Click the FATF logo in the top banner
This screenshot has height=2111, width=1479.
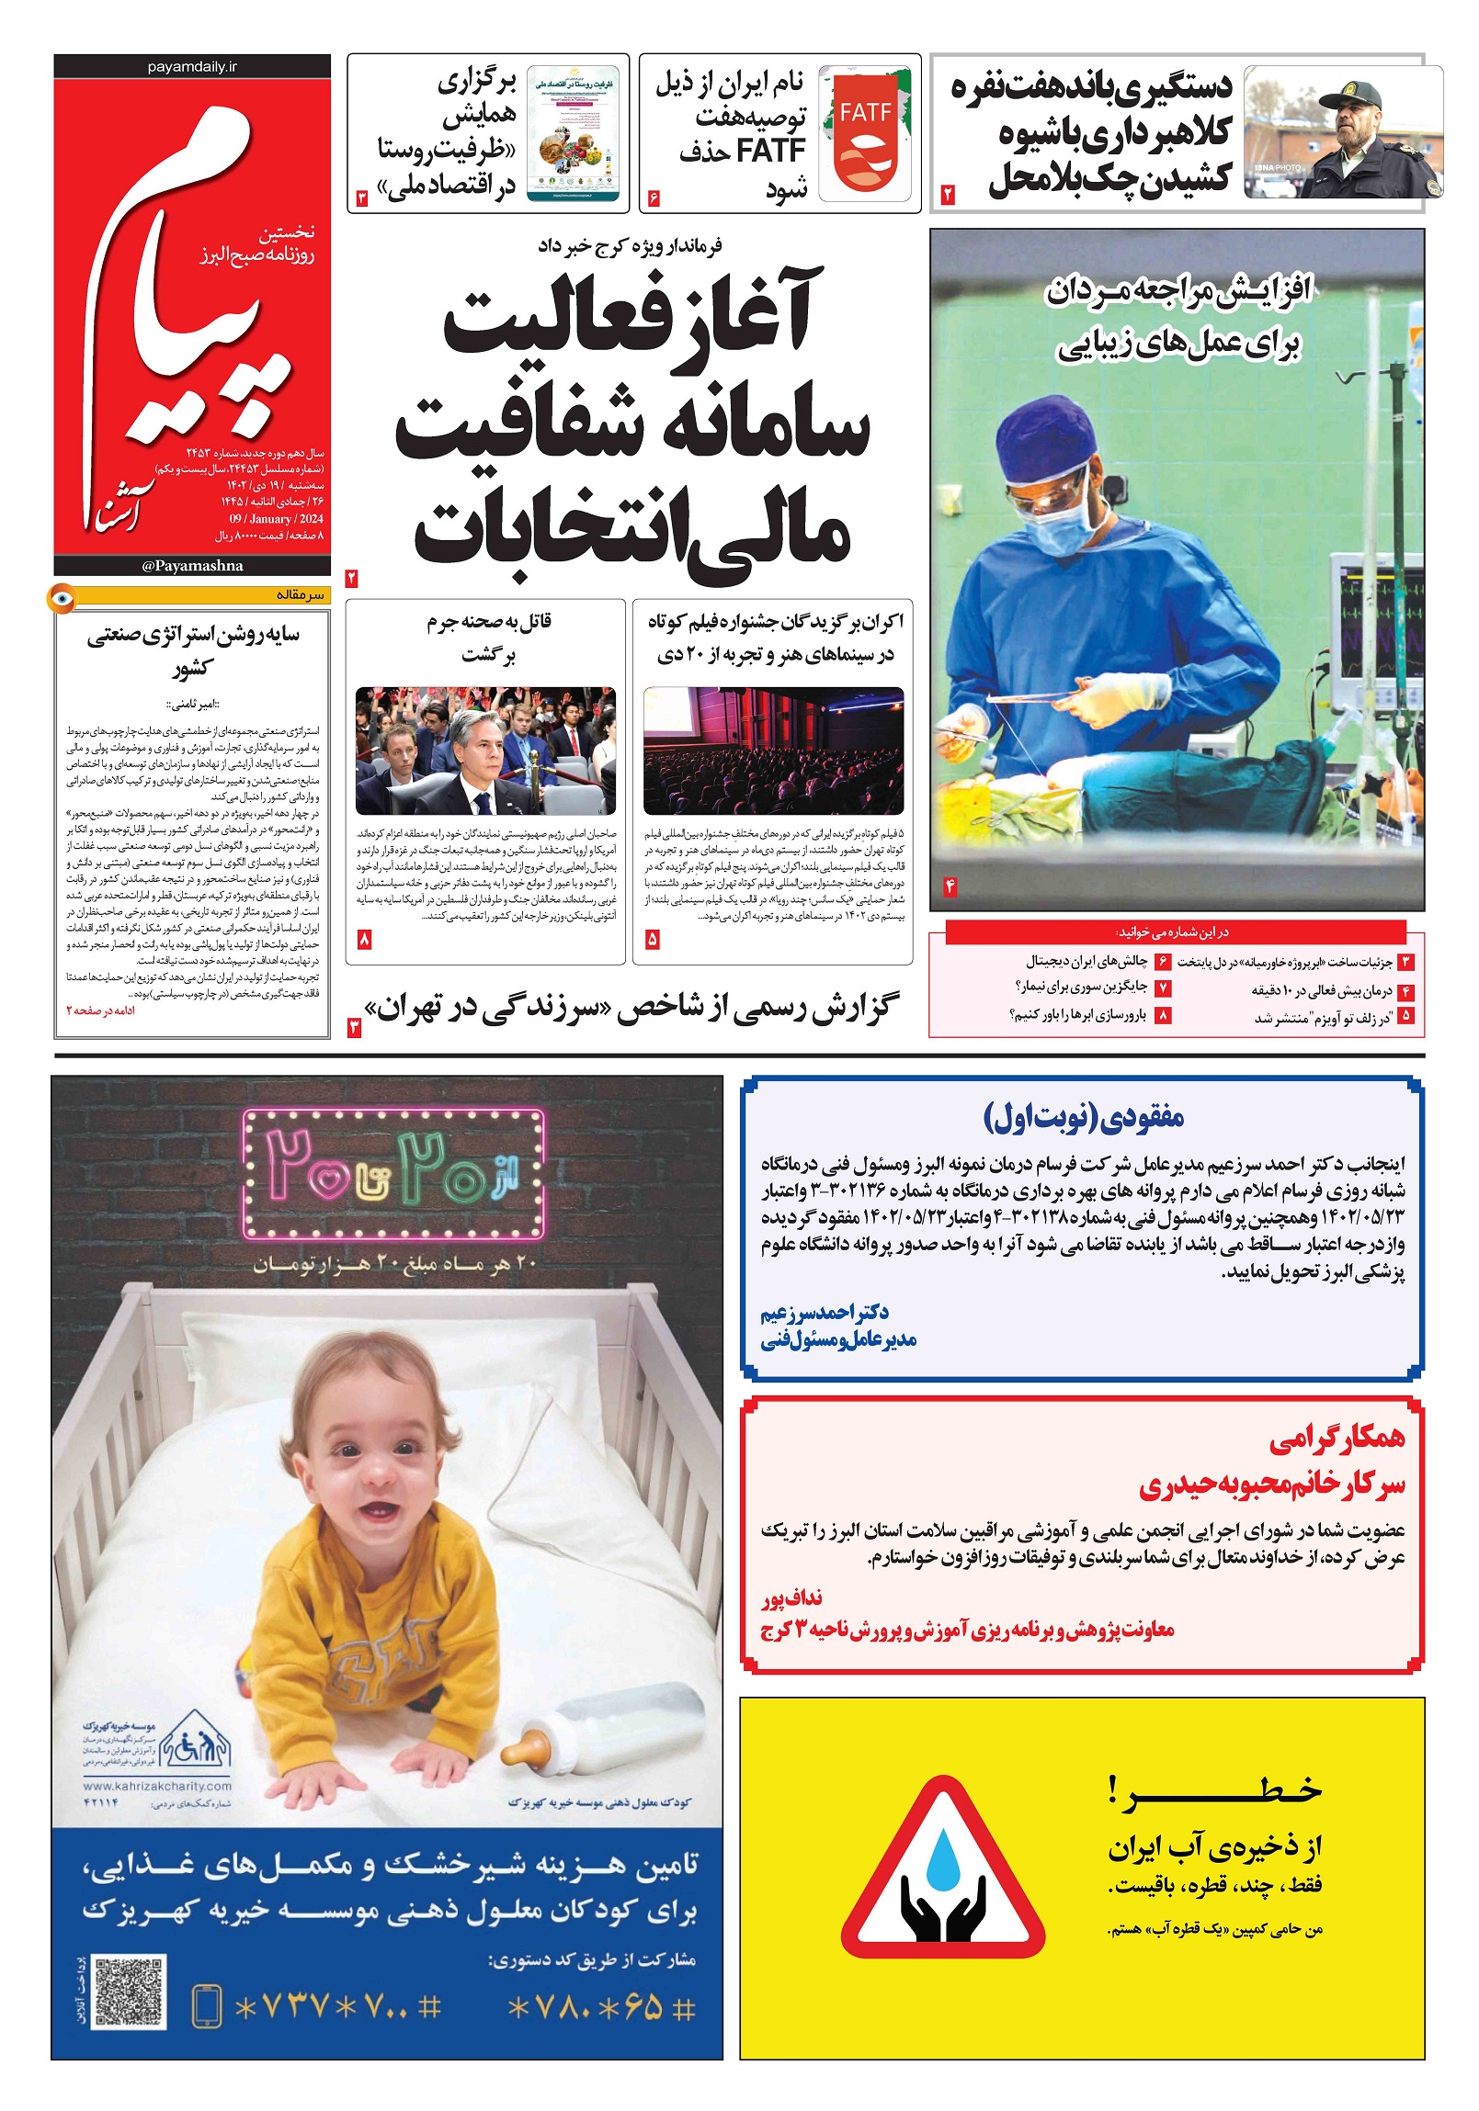click(x=865, y=133)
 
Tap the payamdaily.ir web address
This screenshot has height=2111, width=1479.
click(x=191, y=67)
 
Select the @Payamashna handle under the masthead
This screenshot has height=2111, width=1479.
click(x=192, y=566)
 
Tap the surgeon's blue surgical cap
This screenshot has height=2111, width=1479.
click(x=1048, y=445)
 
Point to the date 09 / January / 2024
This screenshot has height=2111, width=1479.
click(x=276, y=518)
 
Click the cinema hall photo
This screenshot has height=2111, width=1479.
click(x=773, y=751)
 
